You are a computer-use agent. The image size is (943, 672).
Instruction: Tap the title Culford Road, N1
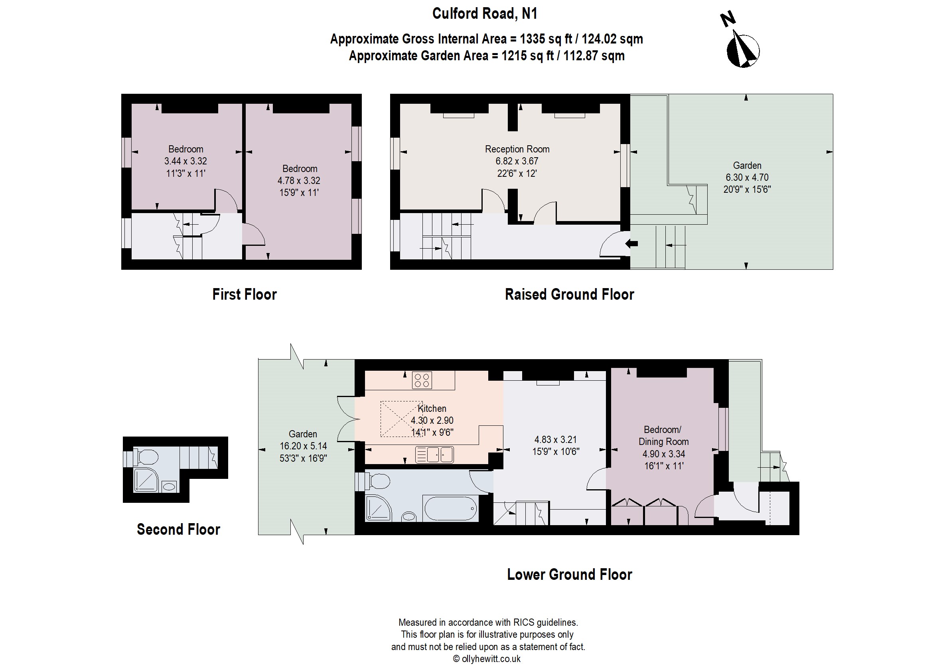pyautogui.click(x=485, y=14)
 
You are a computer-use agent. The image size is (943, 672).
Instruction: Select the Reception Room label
pyautogui.click(x=517, y=149)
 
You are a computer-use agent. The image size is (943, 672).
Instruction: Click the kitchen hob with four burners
pyautogui.click(x=422, y=380)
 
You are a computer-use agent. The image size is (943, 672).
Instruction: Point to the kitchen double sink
pyautogui.click(x=434, y=455)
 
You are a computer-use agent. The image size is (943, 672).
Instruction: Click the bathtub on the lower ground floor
pyautogui.click(x=450, y=508)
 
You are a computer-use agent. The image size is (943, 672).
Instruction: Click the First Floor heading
pyautogui.click(x=245, y=294)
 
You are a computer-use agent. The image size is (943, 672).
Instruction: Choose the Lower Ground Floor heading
pyautogui.click(x=570, y=574)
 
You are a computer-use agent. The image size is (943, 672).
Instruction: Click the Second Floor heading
pyautogui.click(x=178, y=529)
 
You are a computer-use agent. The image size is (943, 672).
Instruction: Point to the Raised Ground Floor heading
pyautogui.click(x=570, y=294)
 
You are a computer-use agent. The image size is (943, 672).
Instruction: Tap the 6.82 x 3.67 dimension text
pyautogui.click(x=517, y=161)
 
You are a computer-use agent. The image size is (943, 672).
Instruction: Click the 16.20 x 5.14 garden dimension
pyautogui.click(x=303, y=446)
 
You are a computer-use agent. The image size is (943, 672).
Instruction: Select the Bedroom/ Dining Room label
pyautogui.click(x=663, y=435)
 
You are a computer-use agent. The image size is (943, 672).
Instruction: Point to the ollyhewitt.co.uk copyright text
pyautogui.click(x=487, y=659)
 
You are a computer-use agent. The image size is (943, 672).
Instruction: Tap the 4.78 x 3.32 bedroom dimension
pyautogui.click(x=299, y=180)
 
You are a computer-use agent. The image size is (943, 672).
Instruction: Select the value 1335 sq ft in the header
pyautogui.click(x=546, y=39)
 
